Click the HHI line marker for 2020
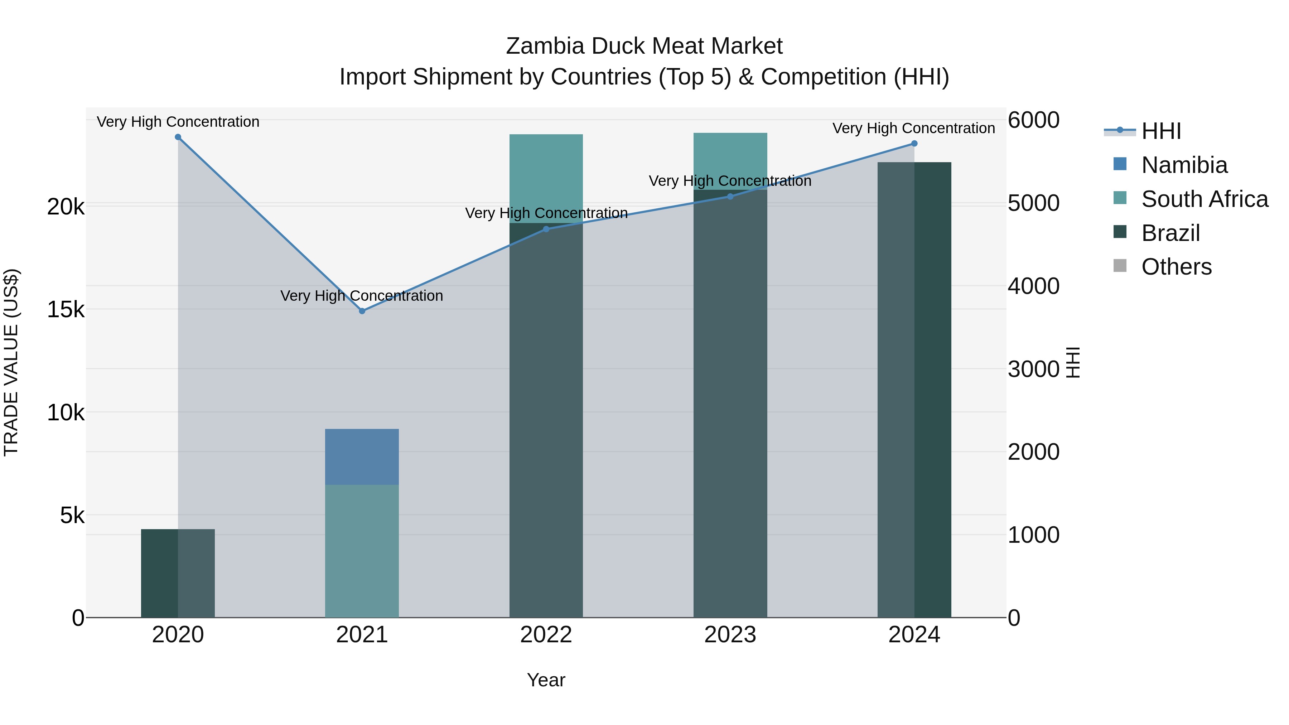tap(178, 137)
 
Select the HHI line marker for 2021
tap(362, 311)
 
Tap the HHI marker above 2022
tap(546, 229)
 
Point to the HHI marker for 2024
tap(914, 144)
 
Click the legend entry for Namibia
tap(1184, 165)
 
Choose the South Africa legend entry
tap(1204, 199)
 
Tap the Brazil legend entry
tap(1170, 233)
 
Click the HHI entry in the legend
tap(1161, 131)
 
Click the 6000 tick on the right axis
tap(1033, 121)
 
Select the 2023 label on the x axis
tap(730, 635)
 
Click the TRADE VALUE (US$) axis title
tap(11, 362)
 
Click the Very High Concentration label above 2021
tap(362, 296)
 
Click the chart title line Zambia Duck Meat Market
tap(644, 46)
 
